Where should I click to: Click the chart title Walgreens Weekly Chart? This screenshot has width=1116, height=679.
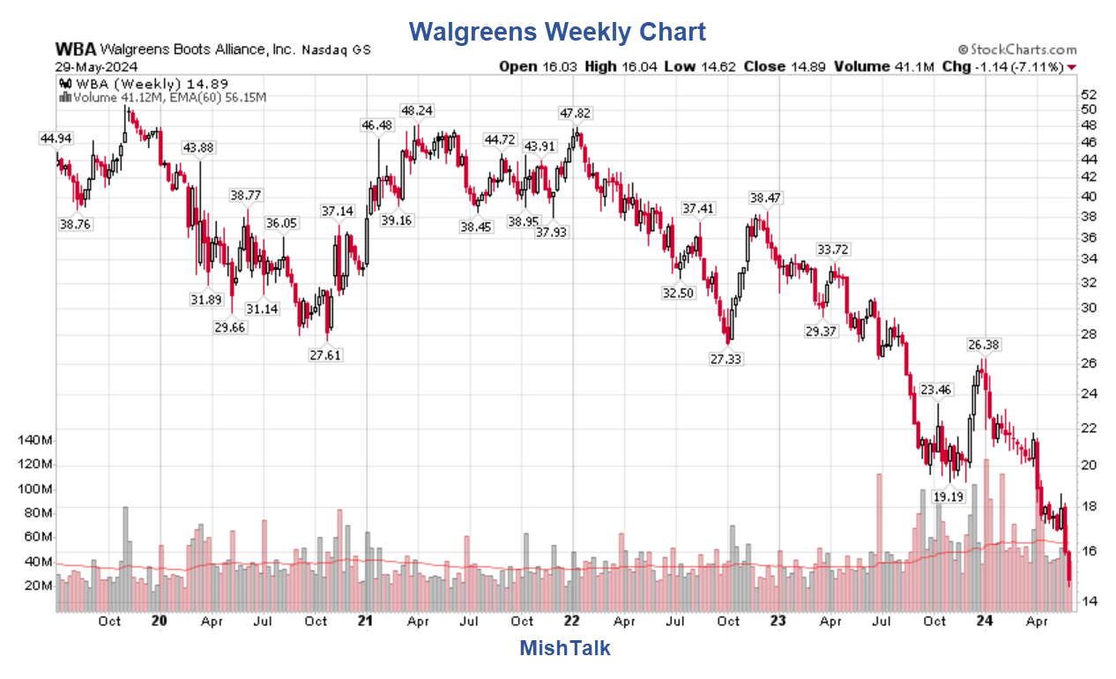[x=557, y=33]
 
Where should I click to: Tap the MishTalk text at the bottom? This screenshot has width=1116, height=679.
[x=564, y=648]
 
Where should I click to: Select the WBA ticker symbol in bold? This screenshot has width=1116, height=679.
[x=75, y=50]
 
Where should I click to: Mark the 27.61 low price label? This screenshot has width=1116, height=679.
[x=325, y=355]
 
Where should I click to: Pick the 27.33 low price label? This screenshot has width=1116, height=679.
[x=727, y=359]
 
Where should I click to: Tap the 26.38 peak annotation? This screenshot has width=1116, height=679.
[x=984, y=344]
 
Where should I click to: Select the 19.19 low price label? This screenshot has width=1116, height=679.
[x=949, y=497]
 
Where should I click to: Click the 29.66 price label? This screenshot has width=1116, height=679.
[x=231, y=326]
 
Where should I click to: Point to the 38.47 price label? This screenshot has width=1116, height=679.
[x=766, y=198]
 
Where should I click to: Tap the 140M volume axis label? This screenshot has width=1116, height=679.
[x=35, y=440]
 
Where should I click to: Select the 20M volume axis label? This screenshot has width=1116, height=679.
[x=39, y=586]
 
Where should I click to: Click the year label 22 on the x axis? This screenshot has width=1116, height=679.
[x=571, y=620]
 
